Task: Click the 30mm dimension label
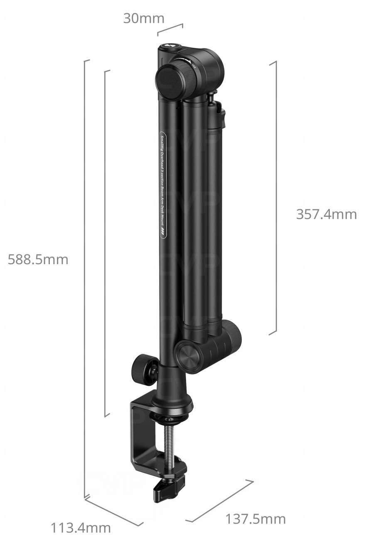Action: (x=144, y=19)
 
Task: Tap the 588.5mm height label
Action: (x=38, y=260)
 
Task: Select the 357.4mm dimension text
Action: (x=326, y=214)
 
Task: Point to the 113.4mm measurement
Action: (x=81, y=528)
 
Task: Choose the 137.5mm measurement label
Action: (x=255, y=519)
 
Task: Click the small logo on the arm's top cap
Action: (x=170, y=47)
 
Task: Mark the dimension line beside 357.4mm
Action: (x=275, y=197)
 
